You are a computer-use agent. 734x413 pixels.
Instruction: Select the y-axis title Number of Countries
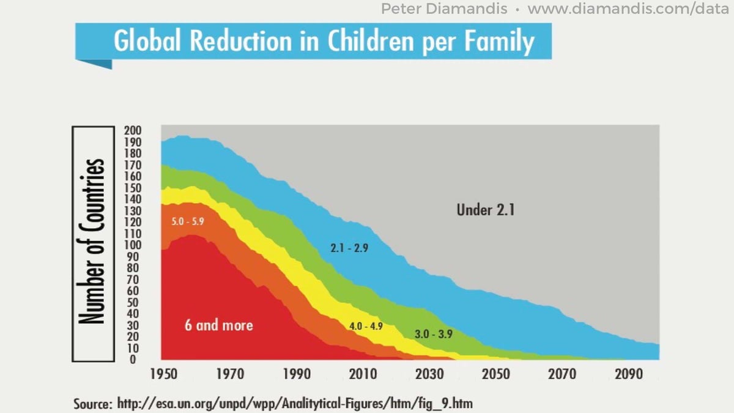(93, 242)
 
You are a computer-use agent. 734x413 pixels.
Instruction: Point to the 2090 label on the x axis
(628, 374)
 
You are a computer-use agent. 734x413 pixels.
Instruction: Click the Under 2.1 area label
(486, 210)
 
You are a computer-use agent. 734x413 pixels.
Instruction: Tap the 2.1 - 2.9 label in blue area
(349, 248)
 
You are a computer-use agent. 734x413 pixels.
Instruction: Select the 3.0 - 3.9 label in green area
(433, 334)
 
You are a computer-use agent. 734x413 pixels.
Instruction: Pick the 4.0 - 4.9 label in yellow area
(366, 326)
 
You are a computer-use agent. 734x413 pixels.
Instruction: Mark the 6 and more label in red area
(219, 324)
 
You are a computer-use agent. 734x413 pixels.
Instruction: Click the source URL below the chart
(294, 404)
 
